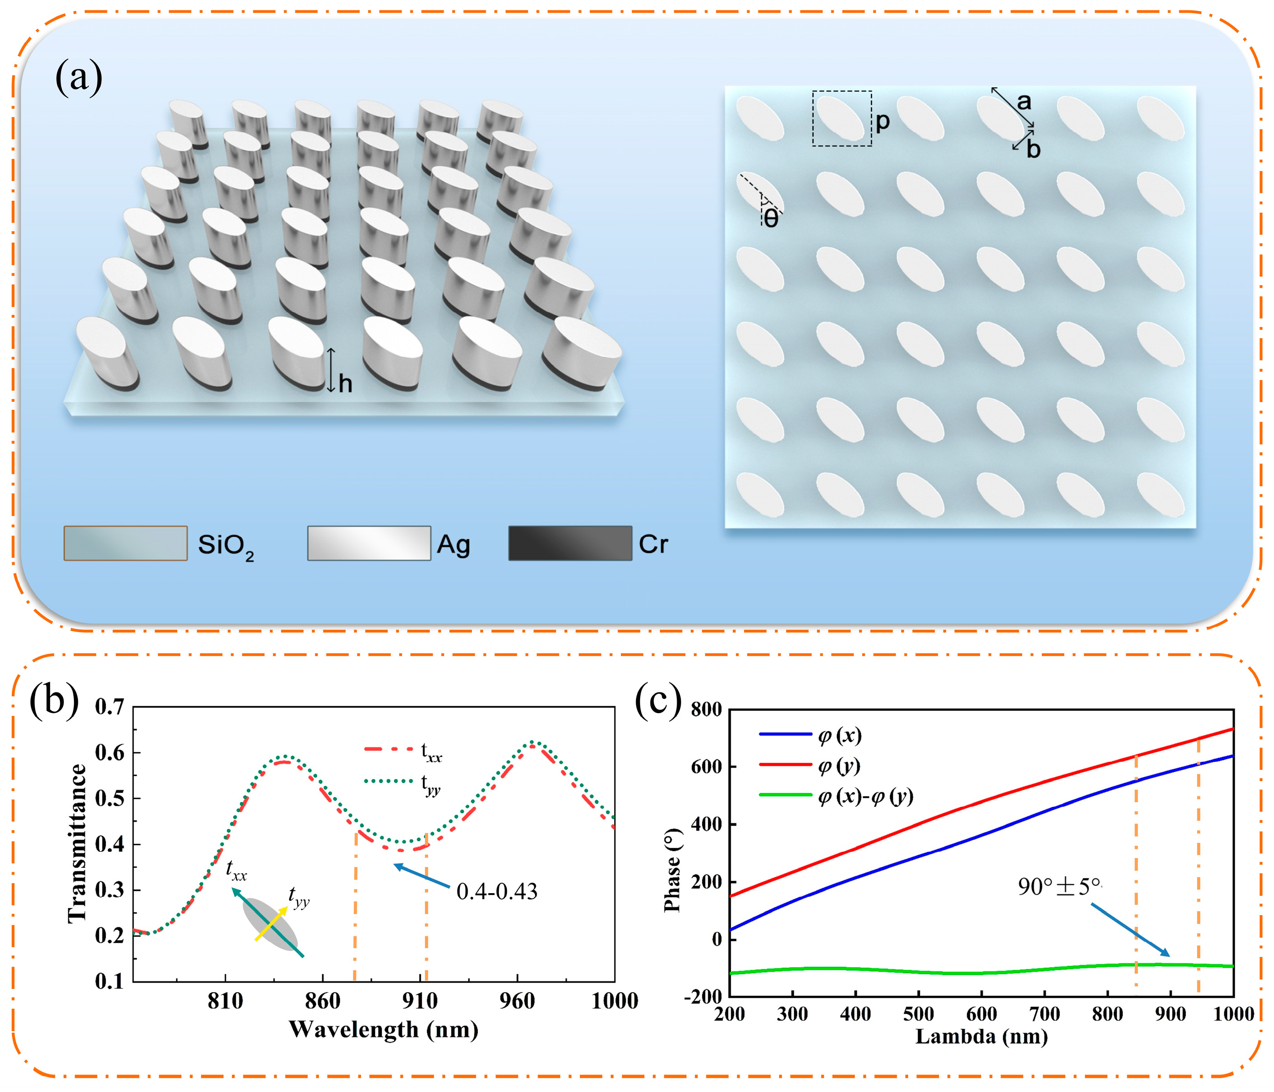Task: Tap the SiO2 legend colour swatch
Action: click(x=126, y=543)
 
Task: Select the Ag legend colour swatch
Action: click(x=369, y=543)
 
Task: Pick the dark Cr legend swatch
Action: click(x=570, y=543)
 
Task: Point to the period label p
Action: click(x=882, y=121)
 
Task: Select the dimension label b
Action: click(x=1034, y=149)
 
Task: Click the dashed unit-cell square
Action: click(x=842, y=119)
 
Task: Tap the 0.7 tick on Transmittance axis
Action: click(x=109, y=707)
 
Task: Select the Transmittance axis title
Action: click(x=77, y=843)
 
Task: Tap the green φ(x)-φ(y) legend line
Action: click(x=785, y=795)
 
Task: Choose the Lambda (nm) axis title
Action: click(x=981, y=1037)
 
